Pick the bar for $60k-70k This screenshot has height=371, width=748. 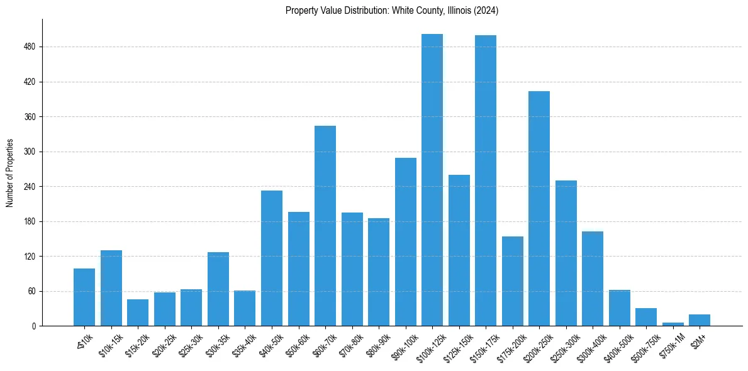point(325,226)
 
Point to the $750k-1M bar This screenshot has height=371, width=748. point(673,324)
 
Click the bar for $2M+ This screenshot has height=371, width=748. point(700,320)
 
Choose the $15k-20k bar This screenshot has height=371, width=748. point(138,313)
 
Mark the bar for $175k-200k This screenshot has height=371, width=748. point(513,281)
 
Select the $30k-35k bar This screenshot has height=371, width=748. point(218,289)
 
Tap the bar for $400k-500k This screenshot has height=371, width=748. point(620,308)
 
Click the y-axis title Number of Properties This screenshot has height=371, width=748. point(9,173)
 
